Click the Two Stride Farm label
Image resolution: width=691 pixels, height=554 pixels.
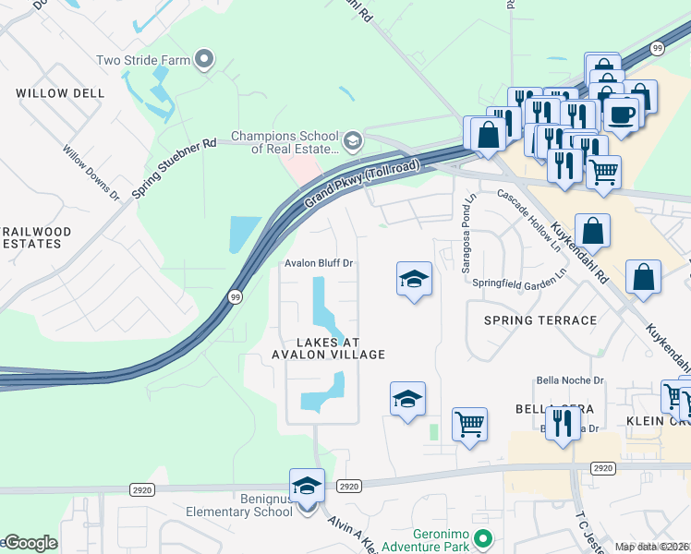click(x=142, y=61)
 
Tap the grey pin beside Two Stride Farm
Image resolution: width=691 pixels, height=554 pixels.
click(x=205, y=61)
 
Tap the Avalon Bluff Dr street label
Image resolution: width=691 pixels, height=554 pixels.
click(x=319, y=263)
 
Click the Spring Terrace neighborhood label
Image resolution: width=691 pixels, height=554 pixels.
click(x=540, y=320)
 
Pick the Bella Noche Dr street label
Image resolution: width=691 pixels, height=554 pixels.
click(x=570, y=379)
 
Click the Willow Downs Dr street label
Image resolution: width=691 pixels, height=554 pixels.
click(x=91, y=173)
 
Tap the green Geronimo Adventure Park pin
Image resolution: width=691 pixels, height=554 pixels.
click(x=480, y=536)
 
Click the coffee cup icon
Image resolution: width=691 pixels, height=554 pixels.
click(x=622, y=114)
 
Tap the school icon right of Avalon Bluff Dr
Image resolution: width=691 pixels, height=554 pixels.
click(x=414, y=279)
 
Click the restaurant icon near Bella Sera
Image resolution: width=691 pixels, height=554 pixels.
click(x=559, y=423)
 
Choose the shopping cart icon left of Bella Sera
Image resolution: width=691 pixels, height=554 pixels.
click(x=469, y=424)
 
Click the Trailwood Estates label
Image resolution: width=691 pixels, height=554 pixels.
click(x=30, y=236)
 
